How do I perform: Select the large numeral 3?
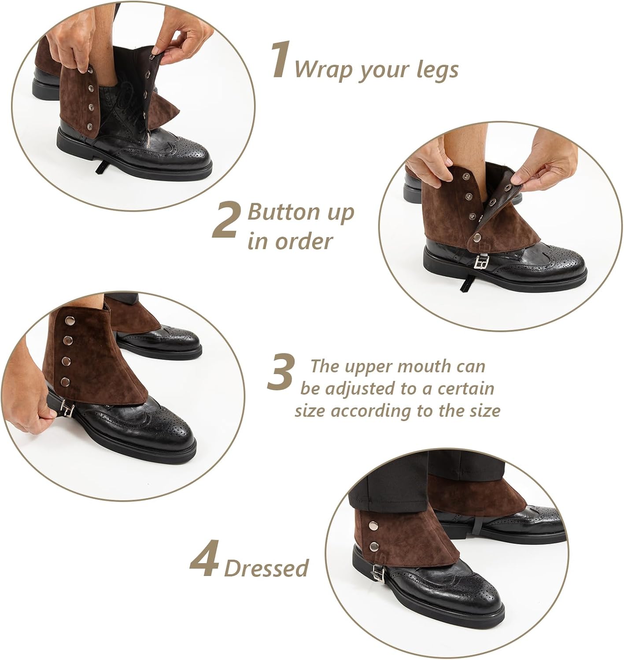pyautogui.click(x=281, y=372)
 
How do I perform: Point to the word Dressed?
pyautogui.click(x=266, y=568)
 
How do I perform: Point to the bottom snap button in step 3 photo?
pyautogui.click(x=65, y=381)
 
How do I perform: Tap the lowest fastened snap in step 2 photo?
pyautogui.click(x=477, y=237)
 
